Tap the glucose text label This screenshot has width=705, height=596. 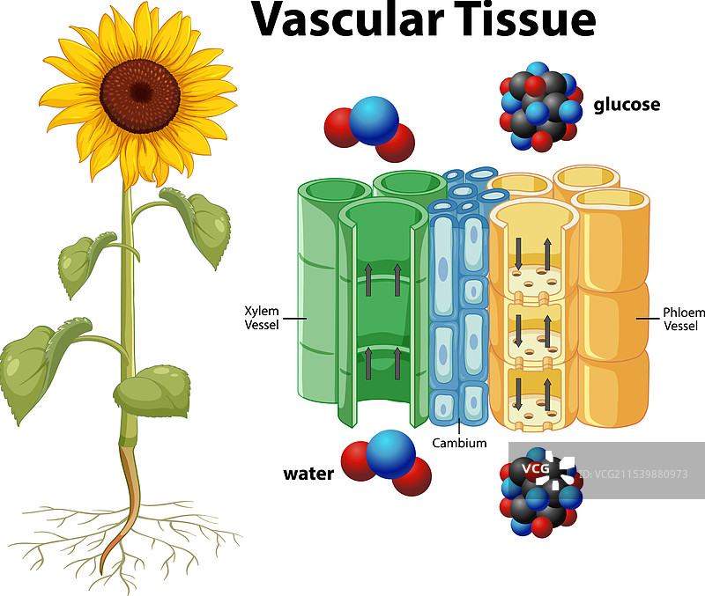pos(627,105)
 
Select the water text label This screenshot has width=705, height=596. pos(308,475)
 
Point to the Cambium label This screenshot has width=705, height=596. pos(459,443)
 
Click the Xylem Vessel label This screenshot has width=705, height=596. pos(261,317)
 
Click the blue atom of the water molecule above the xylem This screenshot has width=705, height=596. pos(374,121)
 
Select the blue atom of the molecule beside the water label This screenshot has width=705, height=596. pos(390,453)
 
